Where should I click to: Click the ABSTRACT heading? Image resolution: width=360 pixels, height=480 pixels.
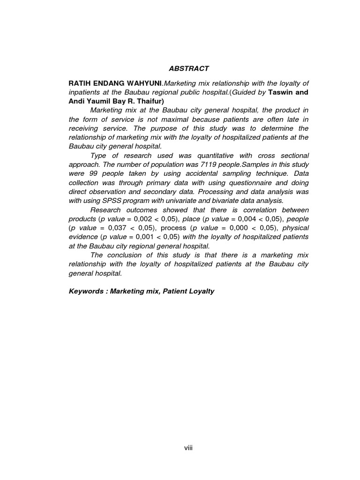[x=189, y=68]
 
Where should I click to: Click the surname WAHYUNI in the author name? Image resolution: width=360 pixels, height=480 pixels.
[x=143, y=83]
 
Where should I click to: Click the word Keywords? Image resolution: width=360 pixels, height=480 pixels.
[x=86, y=291]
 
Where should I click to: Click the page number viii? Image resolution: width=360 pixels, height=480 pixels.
[x=188, y=448]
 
